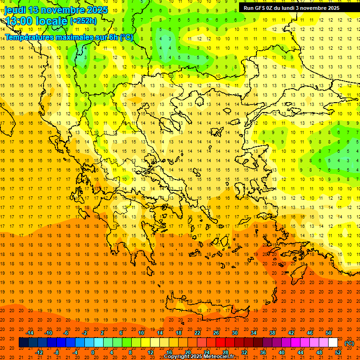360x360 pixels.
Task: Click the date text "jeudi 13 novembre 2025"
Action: (x=56, y=10)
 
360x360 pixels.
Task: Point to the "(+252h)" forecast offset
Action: (x=83, y=21)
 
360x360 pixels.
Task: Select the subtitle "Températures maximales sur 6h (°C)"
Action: (x=68, y=37)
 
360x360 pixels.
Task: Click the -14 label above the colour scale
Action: (x=30, y=333)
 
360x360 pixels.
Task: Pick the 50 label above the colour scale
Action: (x=329, y=333)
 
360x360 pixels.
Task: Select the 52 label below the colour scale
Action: (x=338, y=352)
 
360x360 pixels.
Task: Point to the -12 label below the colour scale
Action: (x=39, y=352)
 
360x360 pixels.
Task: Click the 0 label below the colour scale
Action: (x=93, y=352)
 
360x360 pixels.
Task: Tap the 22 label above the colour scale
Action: (x=197, y=333)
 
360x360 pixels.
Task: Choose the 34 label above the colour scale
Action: (x=254, y=333)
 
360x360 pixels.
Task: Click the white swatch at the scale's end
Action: (x=333, y=342)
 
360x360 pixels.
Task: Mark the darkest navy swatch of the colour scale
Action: (x=24, y=342)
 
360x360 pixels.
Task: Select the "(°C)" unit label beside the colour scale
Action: (x=349, y=343)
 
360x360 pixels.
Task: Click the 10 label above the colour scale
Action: (x=141, y=333)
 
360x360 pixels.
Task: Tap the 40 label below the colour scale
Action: (x=282, y=352)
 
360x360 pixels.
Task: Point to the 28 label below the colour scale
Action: (x=225, y=352)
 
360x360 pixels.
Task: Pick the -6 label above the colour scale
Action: (x=67, y=333)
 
